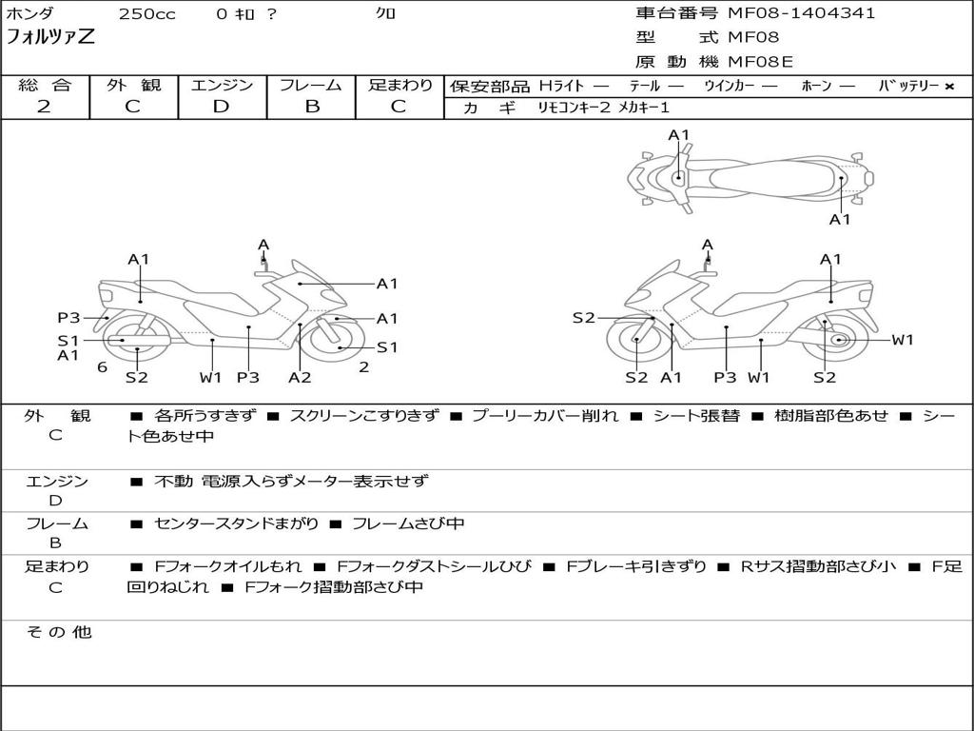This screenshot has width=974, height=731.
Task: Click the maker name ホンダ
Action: pyautogui.click(x=30, y=13)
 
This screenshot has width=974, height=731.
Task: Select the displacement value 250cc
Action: pyautogui.click(x=146, y=13)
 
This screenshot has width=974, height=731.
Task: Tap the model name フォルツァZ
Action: pyautogui.click(x=50, y=38)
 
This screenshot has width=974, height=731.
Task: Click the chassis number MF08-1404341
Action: pyautogui.click(x=801, y=13)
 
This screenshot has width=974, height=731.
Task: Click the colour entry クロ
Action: pyautogui.click(x=386, y=13)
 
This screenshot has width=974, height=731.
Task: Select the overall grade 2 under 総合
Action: pyautogui.click(x=44, y=107)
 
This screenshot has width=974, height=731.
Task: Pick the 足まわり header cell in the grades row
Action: pyautogui.click(x=399, y=86)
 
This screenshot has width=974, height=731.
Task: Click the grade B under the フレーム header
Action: pyautogui.click(x=311, y=107)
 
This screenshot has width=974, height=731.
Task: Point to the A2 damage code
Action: pyautogui.click(x=300, y=377)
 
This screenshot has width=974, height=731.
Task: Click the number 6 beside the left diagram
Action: pyautogui.click(x=102, y=366)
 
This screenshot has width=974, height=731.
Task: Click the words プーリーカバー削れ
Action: pyautogui.click(x=545, y=416)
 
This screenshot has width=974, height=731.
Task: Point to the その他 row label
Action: pyautogui.click(x=58, y=632)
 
